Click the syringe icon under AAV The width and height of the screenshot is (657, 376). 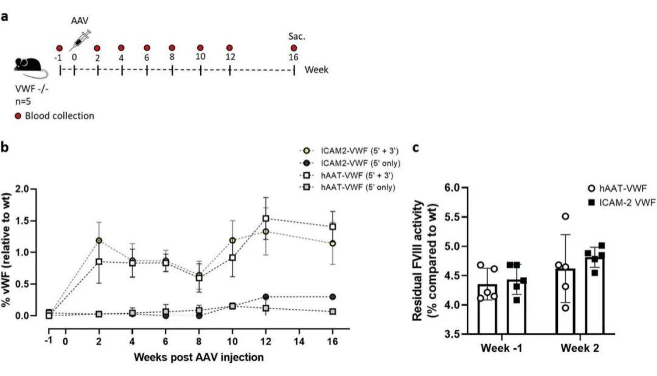point(81,40)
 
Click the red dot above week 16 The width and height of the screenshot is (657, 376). point(294,48)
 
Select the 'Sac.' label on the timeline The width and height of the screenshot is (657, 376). point(296,37)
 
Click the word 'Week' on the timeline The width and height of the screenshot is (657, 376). point(316,69)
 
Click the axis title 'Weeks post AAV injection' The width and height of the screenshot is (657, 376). point(199,357)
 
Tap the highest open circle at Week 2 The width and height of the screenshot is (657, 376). point(565,217)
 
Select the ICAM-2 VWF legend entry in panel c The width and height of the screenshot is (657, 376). point(624,203)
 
